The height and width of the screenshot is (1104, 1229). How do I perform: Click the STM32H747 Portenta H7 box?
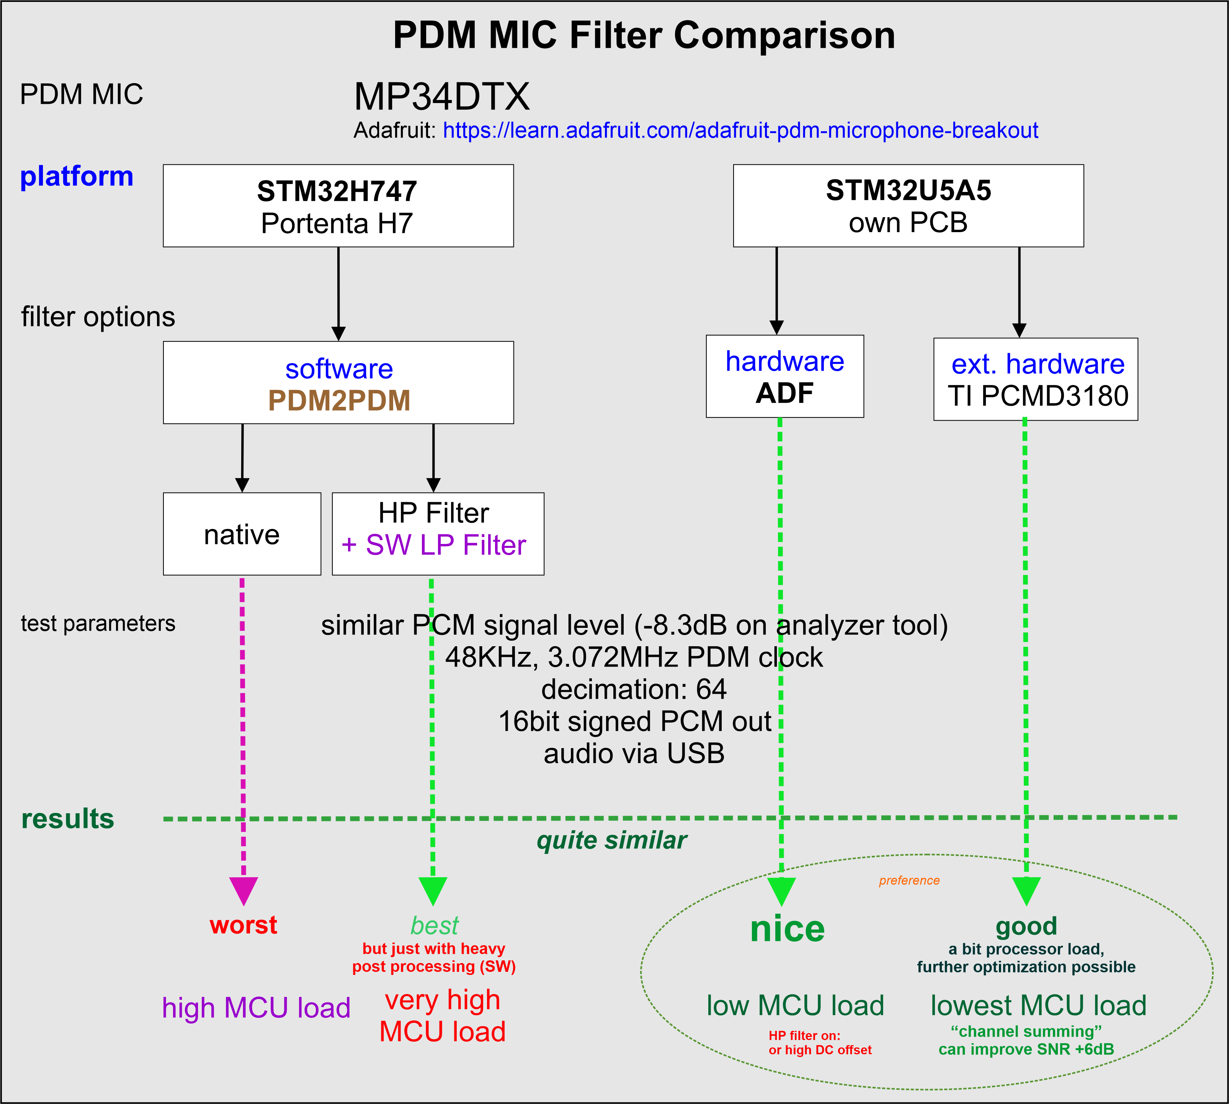(x=338, y=206)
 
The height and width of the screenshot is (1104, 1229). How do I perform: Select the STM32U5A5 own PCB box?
(x=908, y=206)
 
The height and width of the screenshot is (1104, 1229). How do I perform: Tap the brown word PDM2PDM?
(x=339, y=400)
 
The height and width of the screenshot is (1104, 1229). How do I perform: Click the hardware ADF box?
(x=784, y=376)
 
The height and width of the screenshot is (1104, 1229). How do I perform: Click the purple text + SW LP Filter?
(x=434, y=545)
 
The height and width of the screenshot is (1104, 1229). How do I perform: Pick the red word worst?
(x=243, y=925)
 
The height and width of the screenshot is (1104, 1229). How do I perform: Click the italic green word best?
(x=434, y=925)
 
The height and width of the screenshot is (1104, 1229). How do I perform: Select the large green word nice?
(x=787, y=929)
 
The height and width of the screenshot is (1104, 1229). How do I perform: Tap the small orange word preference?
(x=909, y=880)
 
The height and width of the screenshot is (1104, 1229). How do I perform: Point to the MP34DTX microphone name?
(x=441, y=97)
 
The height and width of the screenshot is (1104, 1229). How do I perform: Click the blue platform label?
(x=77, y=177)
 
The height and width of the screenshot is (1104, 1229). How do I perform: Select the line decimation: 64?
(x=634, y=689)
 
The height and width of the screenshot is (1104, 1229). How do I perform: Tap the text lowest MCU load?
(x=1038, y=1005)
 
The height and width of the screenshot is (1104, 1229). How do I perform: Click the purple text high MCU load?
(x=256, y=1007)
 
